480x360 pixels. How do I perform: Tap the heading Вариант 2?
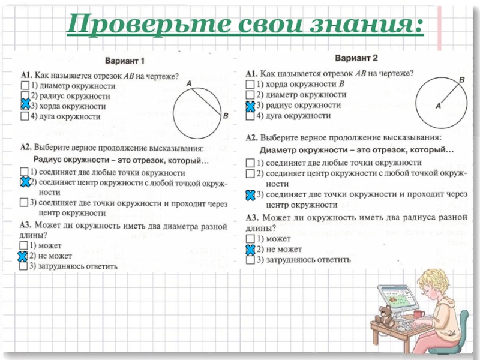click(x=356, y=59)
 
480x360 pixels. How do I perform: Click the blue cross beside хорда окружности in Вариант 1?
click(x=25, y=106)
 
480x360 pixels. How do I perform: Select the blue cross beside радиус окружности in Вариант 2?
click(x=251, y=106)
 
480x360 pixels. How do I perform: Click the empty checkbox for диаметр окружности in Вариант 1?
click(x=25, y=86)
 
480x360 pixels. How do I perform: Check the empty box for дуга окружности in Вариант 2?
click(x=251, y=116)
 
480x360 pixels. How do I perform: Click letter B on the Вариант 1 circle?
click(x=225, y=116)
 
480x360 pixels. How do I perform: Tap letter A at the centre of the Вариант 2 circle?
click(x=437, y=105)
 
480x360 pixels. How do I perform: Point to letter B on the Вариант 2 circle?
click(x=461, y=79)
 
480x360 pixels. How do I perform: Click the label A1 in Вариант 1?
click(x=26, y=76)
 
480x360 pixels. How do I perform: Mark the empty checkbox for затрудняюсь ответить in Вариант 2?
click(x=251, y=260)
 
